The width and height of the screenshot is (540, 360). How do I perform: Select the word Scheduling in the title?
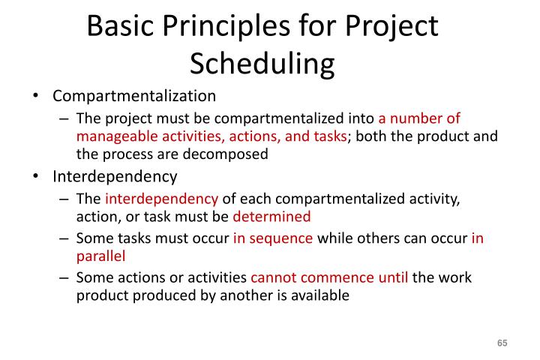[262, 64]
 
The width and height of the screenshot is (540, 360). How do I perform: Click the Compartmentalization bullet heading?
[134, 97]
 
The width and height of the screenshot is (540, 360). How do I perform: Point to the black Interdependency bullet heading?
[115, 177]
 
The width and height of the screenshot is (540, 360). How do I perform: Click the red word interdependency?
[161, 199]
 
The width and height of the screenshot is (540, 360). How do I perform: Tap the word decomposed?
[233, 154]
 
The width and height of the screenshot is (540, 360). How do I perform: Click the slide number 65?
[502, 343]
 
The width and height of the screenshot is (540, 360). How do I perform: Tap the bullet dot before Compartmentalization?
[36, 97]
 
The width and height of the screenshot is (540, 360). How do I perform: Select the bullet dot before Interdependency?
[36, 178]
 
